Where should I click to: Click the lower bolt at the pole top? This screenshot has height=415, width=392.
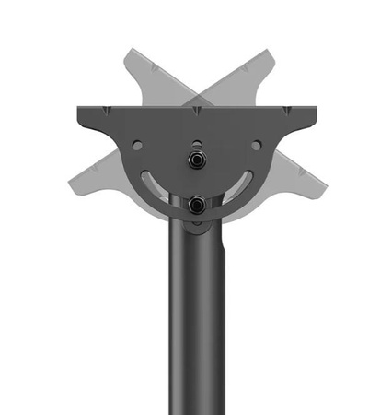(196, 205)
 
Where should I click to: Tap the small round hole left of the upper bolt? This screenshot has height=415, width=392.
(137, 145)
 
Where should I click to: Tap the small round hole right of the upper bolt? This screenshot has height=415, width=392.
(256, 145)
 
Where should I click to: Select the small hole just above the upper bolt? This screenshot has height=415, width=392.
(196, 143)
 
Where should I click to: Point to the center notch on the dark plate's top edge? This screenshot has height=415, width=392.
(197, 112)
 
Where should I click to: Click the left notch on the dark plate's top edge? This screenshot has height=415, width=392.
(115, 112)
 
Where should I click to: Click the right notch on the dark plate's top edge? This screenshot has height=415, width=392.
(279, 112)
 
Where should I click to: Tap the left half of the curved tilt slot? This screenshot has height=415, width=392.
(152, 183)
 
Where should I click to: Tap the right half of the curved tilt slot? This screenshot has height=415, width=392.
(241, 183)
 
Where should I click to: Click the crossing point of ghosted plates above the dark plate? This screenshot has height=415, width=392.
(197, 92)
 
